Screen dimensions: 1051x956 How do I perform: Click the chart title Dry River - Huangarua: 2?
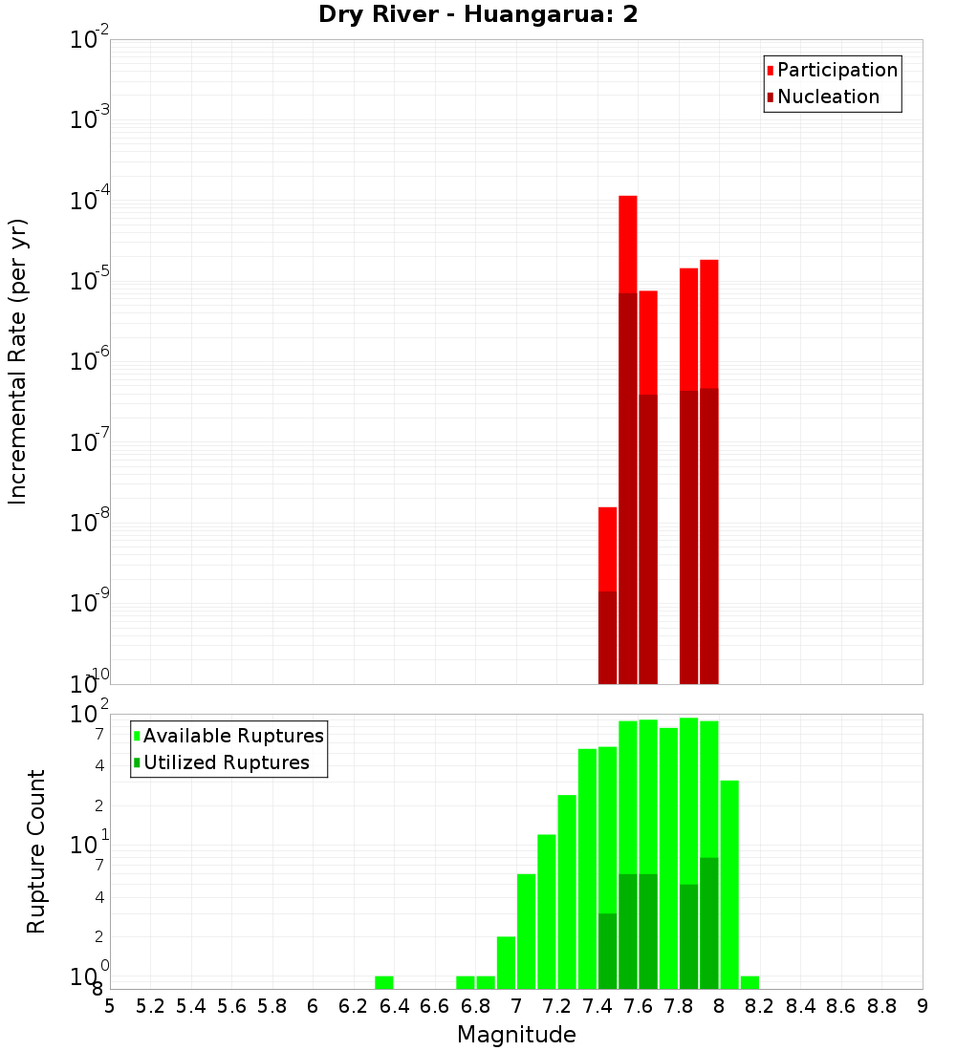pyautogui.click(x=478, y=14)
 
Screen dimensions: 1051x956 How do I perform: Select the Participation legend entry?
pyautogui.click(x=836, y=70)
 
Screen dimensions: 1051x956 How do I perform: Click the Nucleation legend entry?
pyautogui.click(x=827, y=97)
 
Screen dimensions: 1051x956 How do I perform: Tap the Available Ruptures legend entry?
pyautogui.click(x=232, y=736)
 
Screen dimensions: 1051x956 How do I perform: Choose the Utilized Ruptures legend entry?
pyautogui.click(x=226, y=762)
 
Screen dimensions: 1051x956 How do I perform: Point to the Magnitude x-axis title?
pyautogui.click(x=516, y=1035)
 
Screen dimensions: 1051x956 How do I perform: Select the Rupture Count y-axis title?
pyautogui.click(x=36, y=851)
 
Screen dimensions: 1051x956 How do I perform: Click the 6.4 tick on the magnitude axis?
pyautogui.click(x=394, y=1006)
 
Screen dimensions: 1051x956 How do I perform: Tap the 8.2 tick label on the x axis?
pyautogui.click(x=760, y=1006)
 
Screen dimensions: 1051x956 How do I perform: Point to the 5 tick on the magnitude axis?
pyautogui.click(x=110, y=1006)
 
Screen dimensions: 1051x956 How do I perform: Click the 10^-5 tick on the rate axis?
pyautogui.click(x=91, y=281)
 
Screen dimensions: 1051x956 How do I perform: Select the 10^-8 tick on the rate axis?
pyautogui.click(x=91, y=523)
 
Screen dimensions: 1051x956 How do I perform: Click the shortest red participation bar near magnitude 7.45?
pyautogui.click(x=607, y=549)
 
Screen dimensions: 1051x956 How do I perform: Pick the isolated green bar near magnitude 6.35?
pyautogui.click(x=383, y=982)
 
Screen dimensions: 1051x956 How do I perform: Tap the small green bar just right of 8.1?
pyautogui.click(x=750, y=982)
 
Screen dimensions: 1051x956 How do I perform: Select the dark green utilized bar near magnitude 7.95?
pyautogui.click(x=708, y=922)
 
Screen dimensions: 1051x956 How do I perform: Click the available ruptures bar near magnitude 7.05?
pyautogui.click(x=526, y=932)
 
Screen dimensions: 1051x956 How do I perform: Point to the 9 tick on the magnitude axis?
pyautogui.click(x=922, y=1006)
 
